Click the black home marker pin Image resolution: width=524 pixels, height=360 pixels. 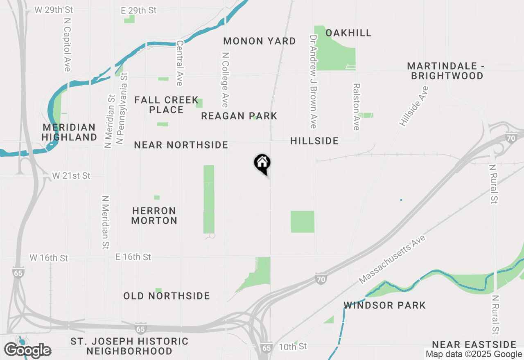click(x=262, y=164)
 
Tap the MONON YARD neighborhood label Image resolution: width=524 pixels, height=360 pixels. click(x=260, y=41)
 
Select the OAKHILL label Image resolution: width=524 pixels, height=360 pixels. click(x=348, y=33)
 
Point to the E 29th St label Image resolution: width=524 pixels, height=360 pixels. click(x=139, y=11)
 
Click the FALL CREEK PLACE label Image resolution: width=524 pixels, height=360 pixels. click(x=166, y=105)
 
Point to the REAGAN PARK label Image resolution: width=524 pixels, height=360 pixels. click(x=239, y=116)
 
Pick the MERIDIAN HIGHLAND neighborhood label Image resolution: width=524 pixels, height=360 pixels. click(x=69, y=132)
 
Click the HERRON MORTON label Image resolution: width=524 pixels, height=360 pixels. click(x=154, y=216)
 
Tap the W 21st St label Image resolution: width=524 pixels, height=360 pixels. click(x=71, y=176)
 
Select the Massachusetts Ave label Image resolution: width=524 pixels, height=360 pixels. click(x=392, y=259)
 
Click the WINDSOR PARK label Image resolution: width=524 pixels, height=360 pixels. click(x=384, y=305)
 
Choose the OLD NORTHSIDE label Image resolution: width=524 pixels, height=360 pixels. click(x=166, y=296)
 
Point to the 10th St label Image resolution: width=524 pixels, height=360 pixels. click(x=292, y=347)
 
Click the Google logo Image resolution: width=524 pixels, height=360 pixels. click(x=27, y=351)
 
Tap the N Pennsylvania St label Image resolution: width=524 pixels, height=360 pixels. click(x=122, y=108)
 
